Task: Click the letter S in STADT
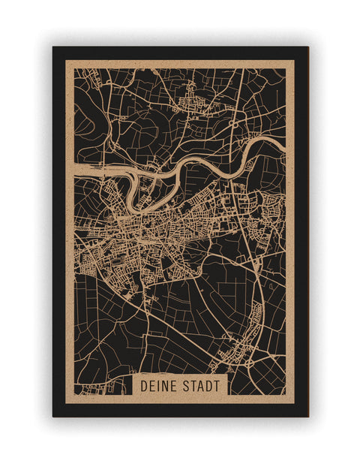tap(187, 385)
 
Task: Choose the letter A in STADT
tap(201, 385)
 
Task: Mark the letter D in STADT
tap(209, 385)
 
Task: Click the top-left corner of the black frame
tap(53, 47)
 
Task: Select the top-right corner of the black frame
tap(307, 47)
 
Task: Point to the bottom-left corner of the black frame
tap(53, 416)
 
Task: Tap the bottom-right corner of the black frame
tap(307, 416)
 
